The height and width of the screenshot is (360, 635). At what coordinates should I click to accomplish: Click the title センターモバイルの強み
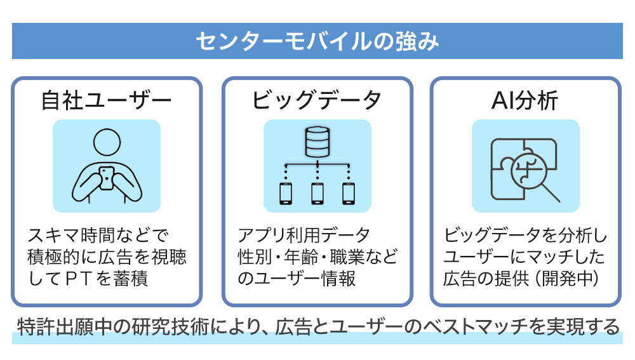coord(317,41)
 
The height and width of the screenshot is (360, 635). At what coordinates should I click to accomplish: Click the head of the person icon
coord(107,143)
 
